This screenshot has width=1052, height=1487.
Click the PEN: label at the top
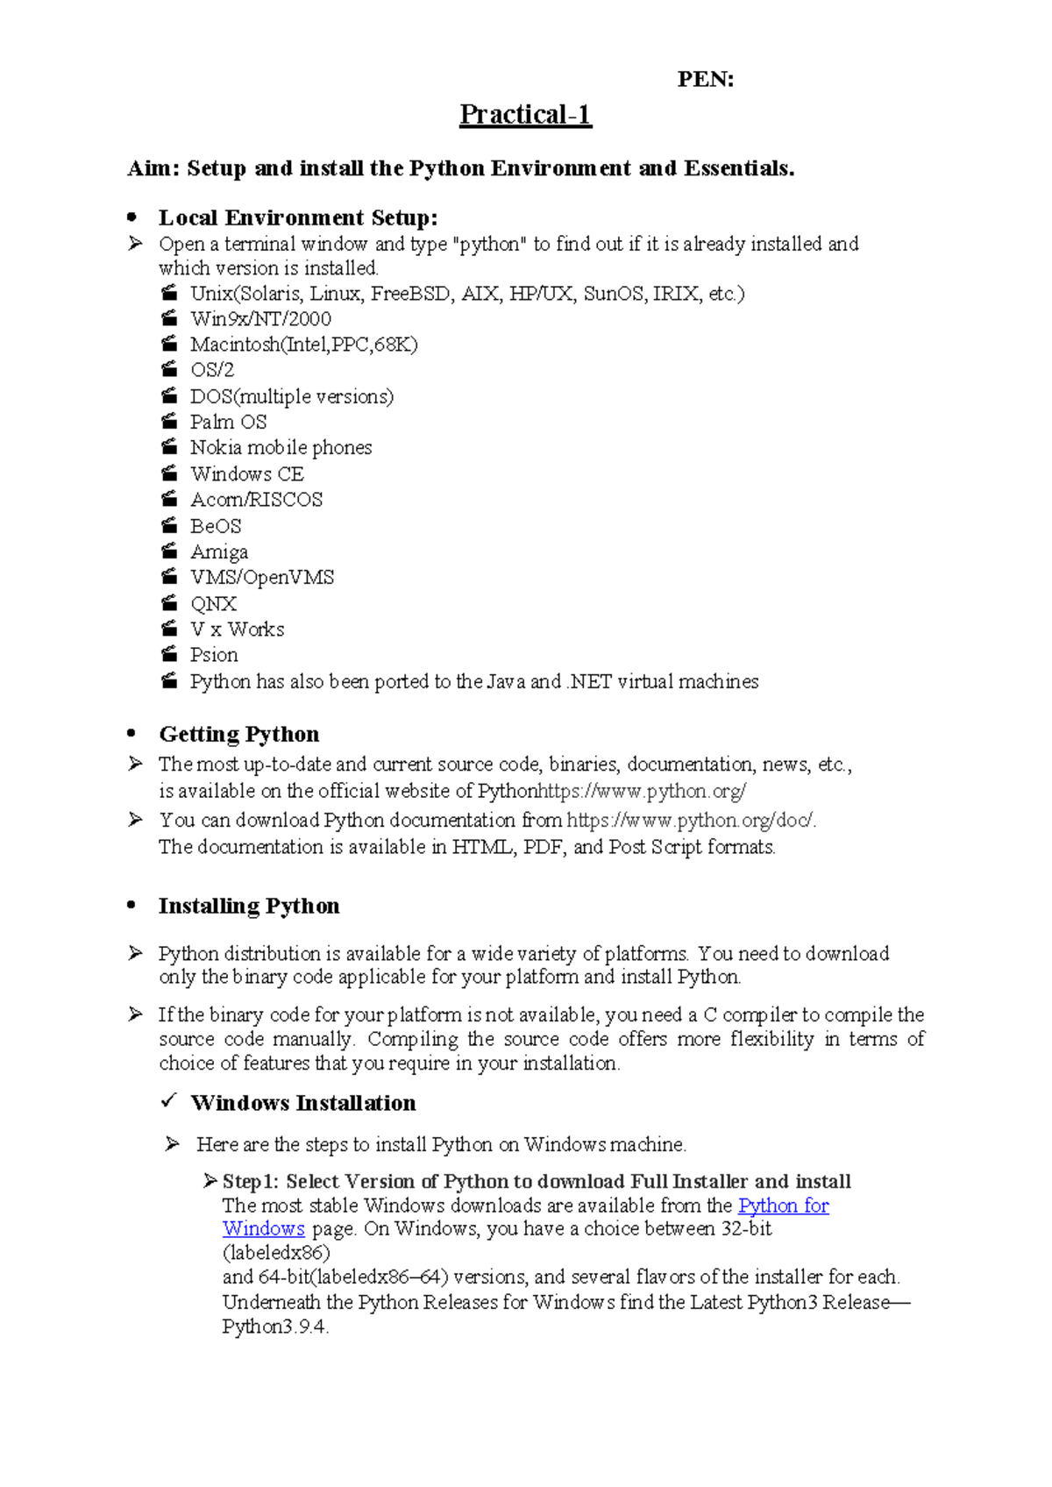(705, 80)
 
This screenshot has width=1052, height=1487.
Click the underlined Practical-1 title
(525, 115)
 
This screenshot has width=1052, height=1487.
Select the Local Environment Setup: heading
(298, 217)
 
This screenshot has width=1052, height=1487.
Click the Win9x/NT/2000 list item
(260, 319)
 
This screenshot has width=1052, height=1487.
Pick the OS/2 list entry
(212, 370)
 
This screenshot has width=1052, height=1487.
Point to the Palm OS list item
(228, 422)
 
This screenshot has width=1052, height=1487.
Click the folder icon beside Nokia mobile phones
(169, 447)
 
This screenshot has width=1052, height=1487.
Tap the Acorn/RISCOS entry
(256, 500)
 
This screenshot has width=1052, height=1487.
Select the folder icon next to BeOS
(169, 525)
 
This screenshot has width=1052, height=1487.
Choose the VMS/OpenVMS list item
(262, 578)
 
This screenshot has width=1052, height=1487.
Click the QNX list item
(213, 604)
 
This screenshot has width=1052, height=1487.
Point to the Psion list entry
(214, 655)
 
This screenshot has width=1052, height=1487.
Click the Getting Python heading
(238, 734)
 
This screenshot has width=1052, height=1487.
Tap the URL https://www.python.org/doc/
(691, 821)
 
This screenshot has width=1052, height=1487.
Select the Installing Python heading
(249, 906)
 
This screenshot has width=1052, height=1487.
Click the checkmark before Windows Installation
(170, 1100)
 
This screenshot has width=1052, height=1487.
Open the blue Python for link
(783, 1206)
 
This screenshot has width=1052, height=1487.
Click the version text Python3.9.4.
(274, 1327)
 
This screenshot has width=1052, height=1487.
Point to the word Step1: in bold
(251, 1182)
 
